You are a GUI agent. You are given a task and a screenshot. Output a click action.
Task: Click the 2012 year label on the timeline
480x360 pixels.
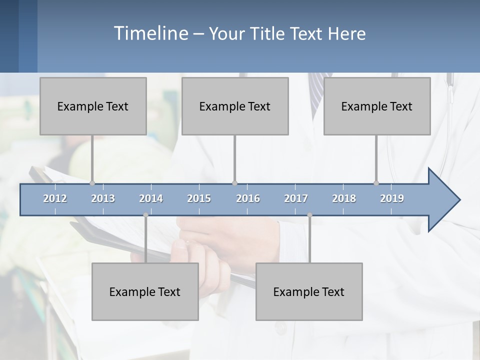click(x=55, y=198)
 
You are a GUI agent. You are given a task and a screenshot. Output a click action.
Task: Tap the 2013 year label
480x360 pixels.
click(x=103, y=198)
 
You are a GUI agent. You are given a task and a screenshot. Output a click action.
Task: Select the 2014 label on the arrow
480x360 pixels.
click(x=151, y=198)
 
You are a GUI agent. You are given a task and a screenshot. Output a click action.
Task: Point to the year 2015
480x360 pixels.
click(x=199, y=198)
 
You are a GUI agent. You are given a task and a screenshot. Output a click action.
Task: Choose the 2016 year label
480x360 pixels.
click(x=248, y=198)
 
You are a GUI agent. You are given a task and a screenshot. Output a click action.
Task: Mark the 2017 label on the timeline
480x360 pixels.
click(x=296, y=198)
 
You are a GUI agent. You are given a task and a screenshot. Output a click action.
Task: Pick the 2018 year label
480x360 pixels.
click(x=344, y=198)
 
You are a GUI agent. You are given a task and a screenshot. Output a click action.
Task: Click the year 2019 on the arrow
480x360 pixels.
click(x=392, y=198)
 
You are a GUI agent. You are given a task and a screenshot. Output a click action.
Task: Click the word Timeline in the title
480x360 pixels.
click(x=150, y=33)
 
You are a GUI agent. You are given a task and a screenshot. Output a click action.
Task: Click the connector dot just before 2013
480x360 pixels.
click(x=92, y=183)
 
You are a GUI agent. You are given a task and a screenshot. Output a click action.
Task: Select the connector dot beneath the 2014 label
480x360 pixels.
click(x=145, y=215)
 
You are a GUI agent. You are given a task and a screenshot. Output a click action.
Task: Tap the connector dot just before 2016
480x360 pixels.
click(x=234, y=183)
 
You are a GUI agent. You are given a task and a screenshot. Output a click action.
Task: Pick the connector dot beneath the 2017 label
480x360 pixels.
click(x=309, y=215)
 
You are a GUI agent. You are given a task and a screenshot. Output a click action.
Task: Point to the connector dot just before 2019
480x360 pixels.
click(x=376, y=183)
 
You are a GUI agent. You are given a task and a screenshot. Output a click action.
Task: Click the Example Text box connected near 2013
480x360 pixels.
click(x=93, y=106)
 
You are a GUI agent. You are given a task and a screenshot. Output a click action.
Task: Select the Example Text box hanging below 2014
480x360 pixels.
click(x=145, y=291)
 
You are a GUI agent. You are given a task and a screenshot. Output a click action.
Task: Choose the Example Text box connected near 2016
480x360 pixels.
click(x=235, y=106)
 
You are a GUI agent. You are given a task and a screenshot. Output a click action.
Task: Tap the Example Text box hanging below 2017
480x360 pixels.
click(x=309, y=291)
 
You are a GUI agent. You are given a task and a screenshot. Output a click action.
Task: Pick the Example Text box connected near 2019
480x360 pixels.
click(x=377, y=106)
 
